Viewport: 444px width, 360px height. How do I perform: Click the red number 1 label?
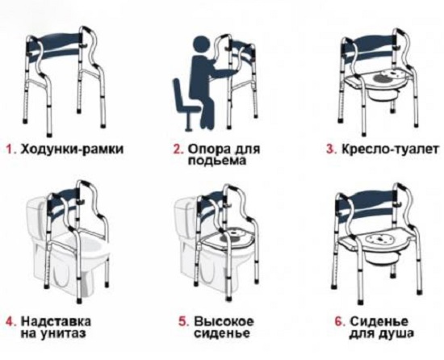10,149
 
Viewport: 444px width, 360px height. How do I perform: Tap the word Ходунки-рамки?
73,149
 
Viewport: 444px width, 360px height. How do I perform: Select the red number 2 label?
178,149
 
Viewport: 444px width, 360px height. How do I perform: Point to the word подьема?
216,161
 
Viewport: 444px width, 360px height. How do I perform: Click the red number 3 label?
332,149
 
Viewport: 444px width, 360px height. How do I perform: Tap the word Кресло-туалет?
390,149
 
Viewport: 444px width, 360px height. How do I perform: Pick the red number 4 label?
11,322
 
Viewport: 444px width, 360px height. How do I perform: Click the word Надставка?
57,322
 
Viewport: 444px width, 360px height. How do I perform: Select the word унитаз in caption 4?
63,333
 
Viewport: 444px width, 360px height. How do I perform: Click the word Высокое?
224,322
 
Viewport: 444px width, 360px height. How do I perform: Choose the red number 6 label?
340,322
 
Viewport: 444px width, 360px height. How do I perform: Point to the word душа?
396,334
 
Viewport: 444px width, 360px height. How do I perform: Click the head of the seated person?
201,44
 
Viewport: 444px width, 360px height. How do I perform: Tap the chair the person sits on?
183,103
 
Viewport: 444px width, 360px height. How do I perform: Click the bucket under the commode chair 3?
380,98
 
